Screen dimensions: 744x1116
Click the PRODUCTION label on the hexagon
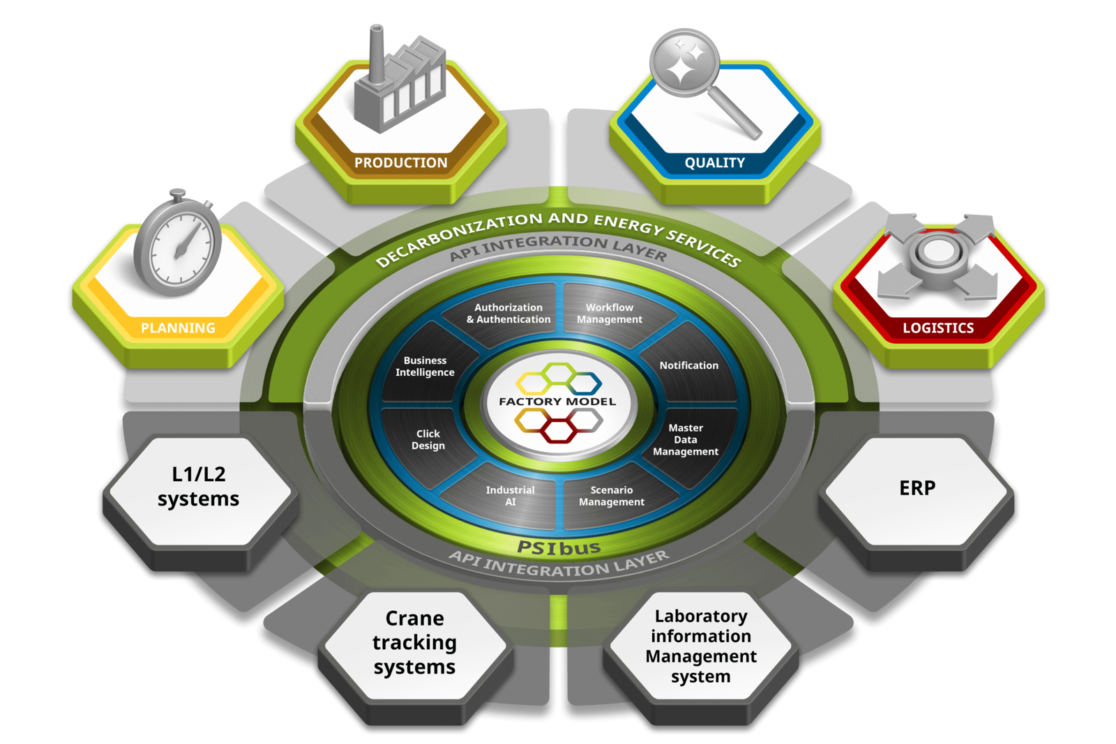click(400, 162)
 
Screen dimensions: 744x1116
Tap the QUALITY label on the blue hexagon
click(714, 162)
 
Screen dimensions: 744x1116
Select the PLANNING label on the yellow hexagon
click(178, 328)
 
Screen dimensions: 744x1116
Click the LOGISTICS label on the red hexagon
click(938, 328)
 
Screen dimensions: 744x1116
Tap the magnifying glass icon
click(697, 77)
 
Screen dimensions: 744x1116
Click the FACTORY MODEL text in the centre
click(557, 402)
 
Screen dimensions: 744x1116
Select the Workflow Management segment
click(609, 314)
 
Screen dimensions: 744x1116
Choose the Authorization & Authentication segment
click(508, 314)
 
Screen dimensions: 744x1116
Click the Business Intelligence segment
click(425, 367)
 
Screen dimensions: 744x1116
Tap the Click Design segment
click(428, 440)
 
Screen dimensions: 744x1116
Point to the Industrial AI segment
click(510, 496)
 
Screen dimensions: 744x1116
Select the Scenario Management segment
click(611, 496)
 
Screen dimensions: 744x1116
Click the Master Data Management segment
click(686, 440)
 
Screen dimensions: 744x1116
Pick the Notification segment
click(688, 365)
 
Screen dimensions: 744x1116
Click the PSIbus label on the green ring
click(559, 548)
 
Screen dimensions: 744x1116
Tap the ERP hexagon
click(917, 489)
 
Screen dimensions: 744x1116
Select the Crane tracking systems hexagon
click(414, 643)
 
